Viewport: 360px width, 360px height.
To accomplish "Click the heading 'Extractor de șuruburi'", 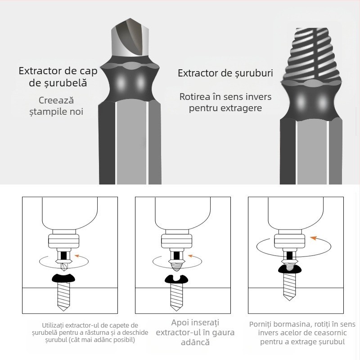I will click(x=225, y=73).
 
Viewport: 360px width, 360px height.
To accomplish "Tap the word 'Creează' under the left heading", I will click(x=56, y=100).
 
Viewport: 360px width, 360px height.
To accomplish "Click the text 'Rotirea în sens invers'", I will click(x=225, y=97).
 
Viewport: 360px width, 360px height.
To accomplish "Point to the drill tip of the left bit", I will click(x=130, y=40).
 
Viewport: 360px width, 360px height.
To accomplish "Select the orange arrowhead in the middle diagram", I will click(x=191, y=256).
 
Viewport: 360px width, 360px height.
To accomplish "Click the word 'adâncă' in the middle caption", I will click(x=195, y=342).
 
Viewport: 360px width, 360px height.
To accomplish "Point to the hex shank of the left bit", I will click(x=130, y=144).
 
